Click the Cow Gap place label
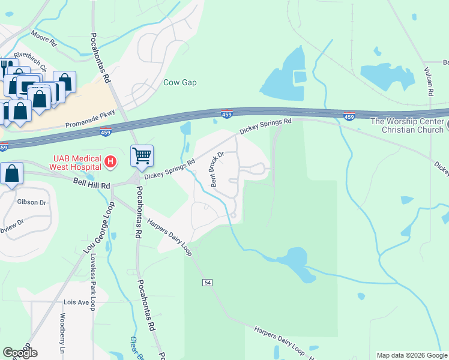pos(180,82)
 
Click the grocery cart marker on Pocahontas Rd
pos(142,156)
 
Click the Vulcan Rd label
pos(430,80)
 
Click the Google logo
pos(20,353)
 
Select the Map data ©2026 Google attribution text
pos(412,355)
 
